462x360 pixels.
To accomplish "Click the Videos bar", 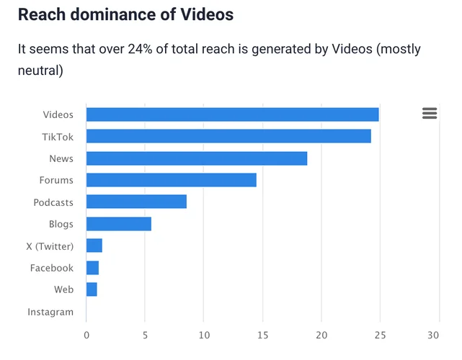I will pyautogui.click(x=232, y=114).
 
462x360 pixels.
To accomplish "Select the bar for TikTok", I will pyautogui.click(x=228, y=136).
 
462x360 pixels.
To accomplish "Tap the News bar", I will pyautogui.click(x=196, y=158).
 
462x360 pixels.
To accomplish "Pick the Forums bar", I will pyautogui.click(x=171, y=180).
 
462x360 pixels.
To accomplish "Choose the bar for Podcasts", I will pyautogui.click(x=136, y=202).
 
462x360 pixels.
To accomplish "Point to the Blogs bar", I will pyautogui.click(x=118, y=224).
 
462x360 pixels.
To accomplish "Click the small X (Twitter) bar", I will pyautogui.click(x=94, y=246).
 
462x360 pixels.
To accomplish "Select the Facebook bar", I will pyautogui.click(x=92, y=268).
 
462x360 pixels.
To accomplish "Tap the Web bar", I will pyautogui.click(x=92, y=289).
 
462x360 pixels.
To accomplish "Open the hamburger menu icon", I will pyautogui.click(x=430, y=113).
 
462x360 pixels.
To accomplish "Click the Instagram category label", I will pyautogui.click(x=50, y=312).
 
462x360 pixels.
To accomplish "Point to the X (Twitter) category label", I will pyautogui.click(x=50, y=246).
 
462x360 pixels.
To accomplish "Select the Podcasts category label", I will pyautogui.click(x=53, y=202).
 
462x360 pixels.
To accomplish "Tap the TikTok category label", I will pyautogui.click(x=58, y=136).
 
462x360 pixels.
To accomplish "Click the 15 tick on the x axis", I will pyautogui.click(x=262, y=335).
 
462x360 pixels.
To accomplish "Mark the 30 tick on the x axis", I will pyautogui.click(x=433, y=335).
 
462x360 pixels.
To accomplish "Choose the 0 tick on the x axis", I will pyautogui.click(x=86, y=335).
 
